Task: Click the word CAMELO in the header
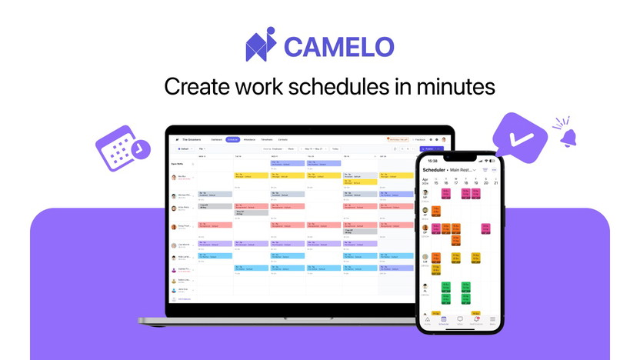pyautogui.click(x=339, y=46)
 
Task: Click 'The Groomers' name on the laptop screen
pyautogui.click(x=190, y=139)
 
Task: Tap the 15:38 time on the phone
pyautogui.click(x=432, y=161)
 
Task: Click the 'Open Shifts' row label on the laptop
pyautogui.click(x=178, y=164)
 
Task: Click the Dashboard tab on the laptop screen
pyautogui.click(x=215, y=139)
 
